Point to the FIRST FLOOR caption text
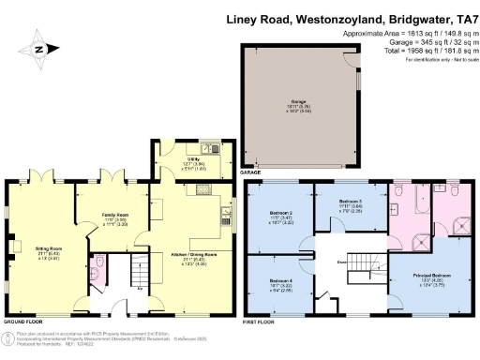point(263,322)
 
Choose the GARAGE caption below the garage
point(251,172)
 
